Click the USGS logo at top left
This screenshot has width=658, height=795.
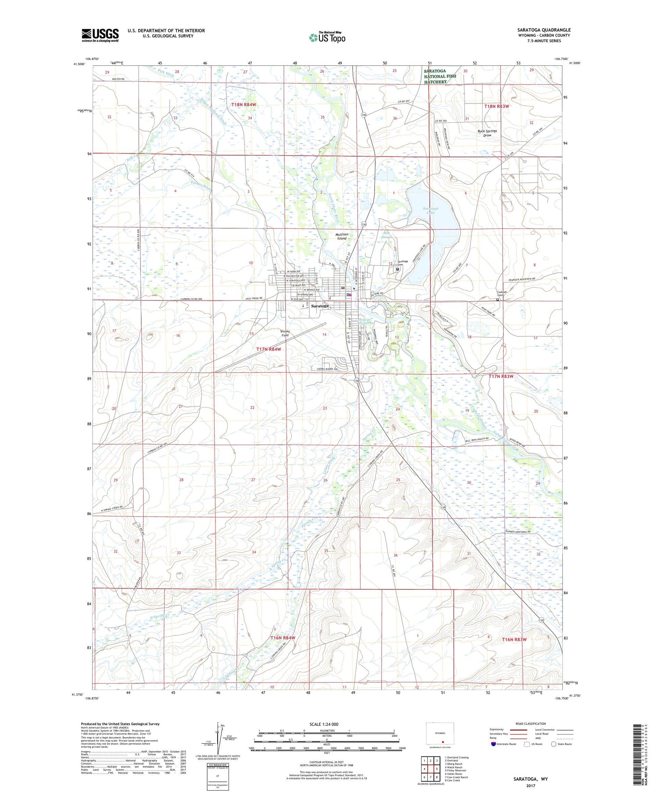tap(100, 35)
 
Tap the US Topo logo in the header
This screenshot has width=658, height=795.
tap(327, 37)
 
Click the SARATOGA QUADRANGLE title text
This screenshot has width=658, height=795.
tap(544, 30)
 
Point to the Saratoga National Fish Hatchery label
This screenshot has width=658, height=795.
tap(440, 76)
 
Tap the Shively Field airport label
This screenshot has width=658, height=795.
tap(285, 333)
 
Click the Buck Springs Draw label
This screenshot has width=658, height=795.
tap(487, 133)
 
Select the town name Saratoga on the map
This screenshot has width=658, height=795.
tap(320, 306)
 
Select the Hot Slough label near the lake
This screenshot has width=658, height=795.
tap(387, 235)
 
